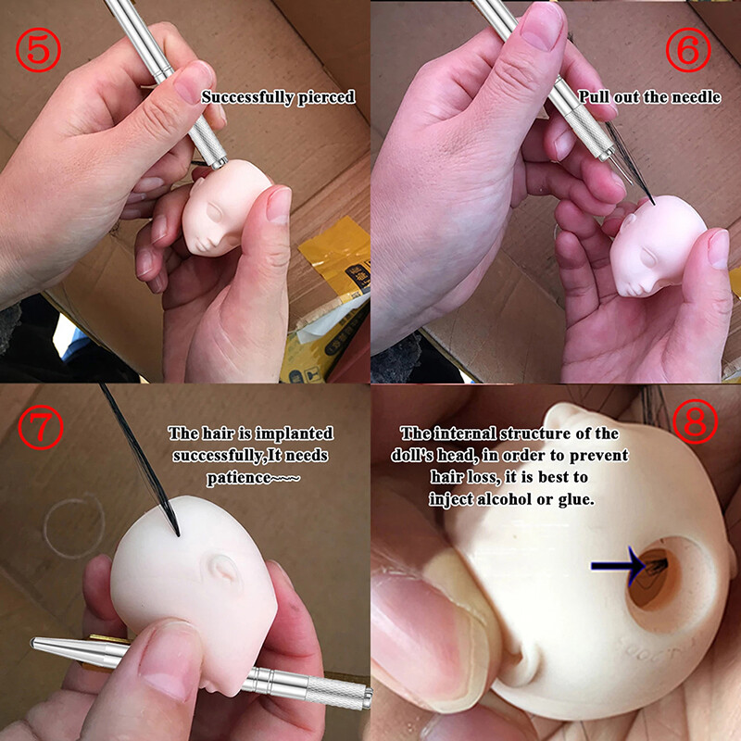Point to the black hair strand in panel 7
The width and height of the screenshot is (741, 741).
[139, 454]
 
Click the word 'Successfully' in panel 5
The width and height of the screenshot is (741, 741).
[243, 96]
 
